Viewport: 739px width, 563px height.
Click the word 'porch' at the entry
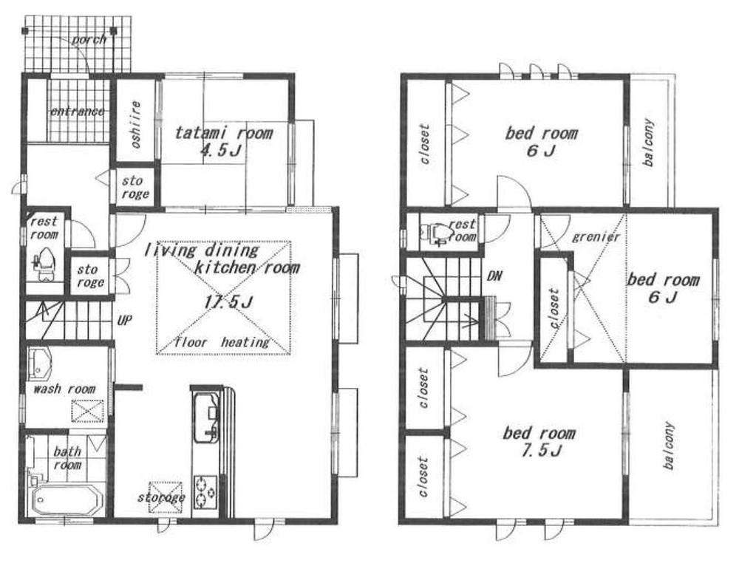point(89,39)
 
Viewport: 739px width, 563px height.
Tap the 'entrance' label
point(77,112)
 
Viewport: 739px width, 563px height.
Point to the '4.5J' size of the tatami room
point(223,151)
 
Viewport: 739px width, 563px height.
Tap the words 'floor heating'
point(222,342)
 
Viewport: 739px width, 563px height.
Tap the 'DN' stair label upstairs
point(496,276)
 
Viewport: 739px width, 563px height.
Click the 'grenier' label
point(596,237)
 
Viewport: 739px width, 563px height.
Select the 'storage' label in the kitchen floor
point(160,497)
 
